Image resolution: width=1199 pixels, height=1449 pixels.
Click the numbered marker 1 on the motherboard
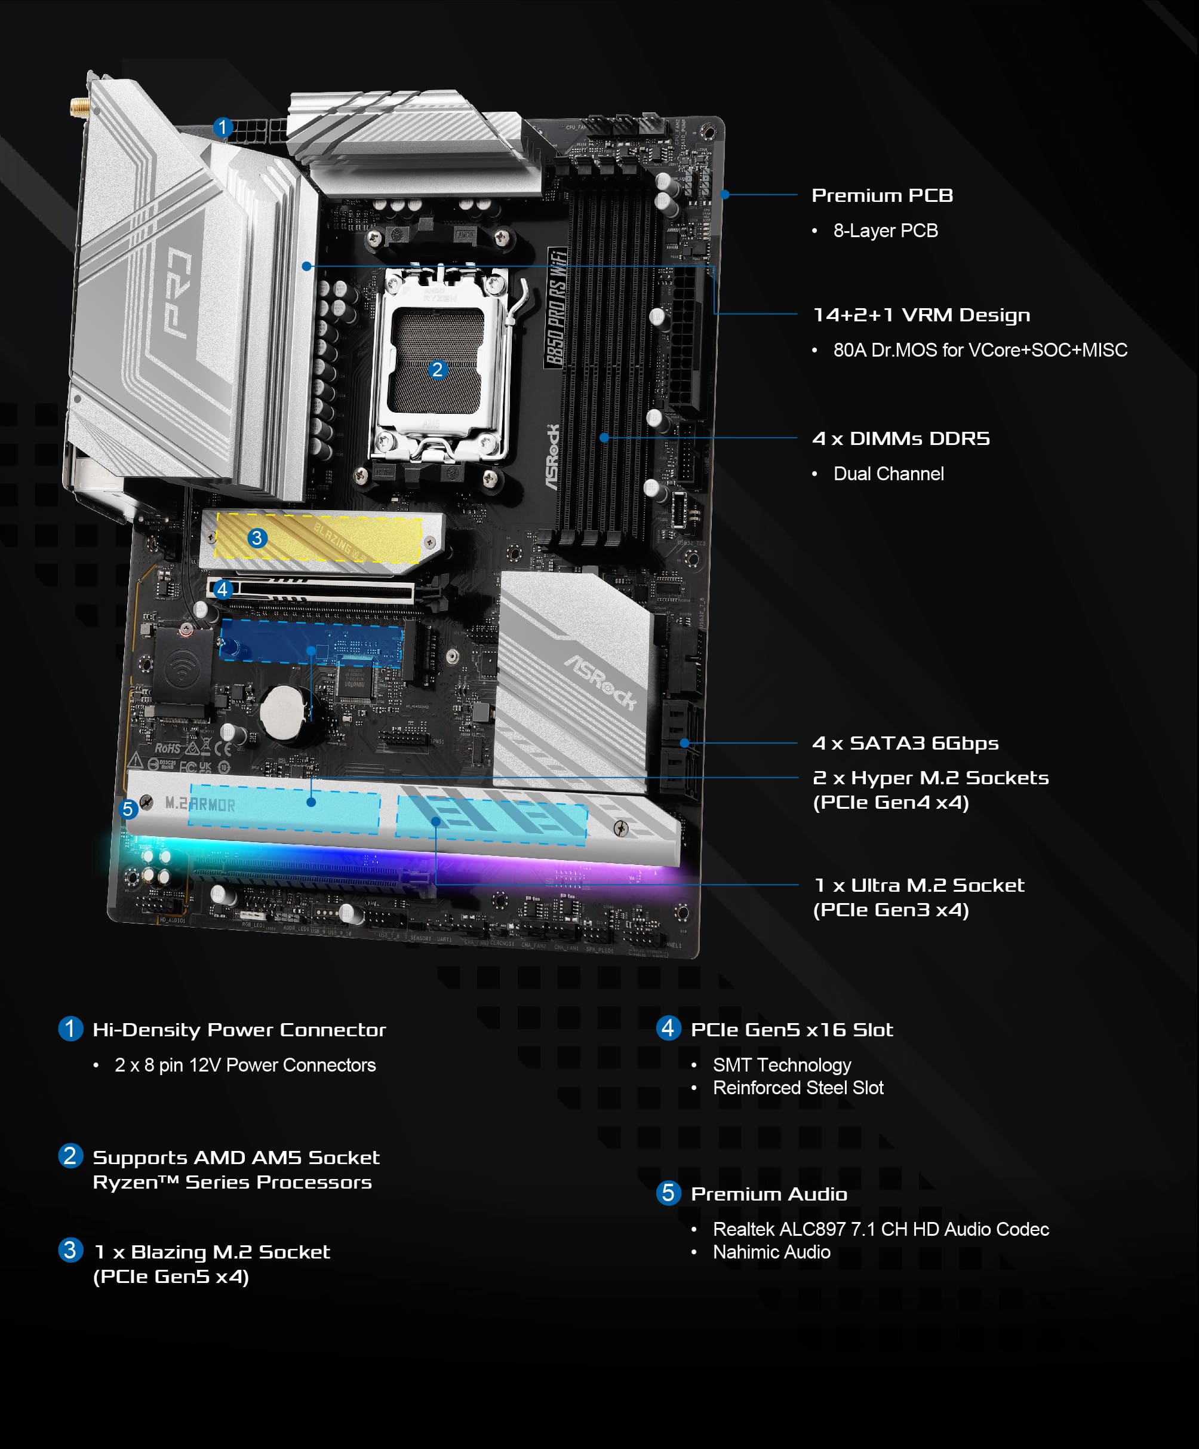222,128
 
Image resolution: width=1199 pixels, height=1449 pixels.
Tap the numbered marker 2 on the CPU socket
436,370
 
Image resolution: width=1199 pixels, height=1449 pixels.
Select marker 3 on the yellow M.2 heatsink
257,538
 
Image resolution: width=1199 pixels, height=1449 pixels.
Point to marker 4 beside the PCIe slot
222,590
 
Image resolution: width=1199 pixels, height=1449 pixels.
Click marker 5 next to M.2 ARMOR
128,809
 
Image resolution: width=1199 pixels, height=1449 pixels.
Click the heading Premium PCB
882,196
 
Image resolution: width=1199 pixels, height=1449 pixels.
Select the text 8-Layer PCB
885,231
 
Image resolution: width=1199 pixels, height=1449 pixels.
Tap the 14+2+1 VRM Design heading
921,315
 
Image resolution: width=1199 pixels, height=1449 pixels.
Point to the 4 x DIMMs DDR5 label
900,439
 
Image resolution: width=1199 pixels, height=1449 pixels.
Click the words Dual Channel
888,474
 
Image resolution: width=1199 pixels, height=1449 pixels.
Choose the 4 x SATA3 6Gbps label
905,743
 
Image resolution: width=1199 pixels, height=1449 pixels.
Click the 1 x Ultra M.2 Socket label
919,886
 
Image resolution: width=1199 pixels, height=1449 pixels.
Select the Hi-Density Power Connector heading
239,1030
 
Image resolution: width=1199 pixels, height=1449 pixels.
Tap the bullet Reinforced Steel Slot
798,1088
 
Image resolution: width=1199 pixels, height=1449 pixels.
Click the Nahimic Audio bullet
771,1252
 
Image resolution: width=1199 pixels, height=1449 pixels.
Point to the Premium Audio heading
768,1195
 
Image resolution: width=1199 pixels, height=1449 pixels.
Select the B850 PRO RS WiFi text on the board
557,308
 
